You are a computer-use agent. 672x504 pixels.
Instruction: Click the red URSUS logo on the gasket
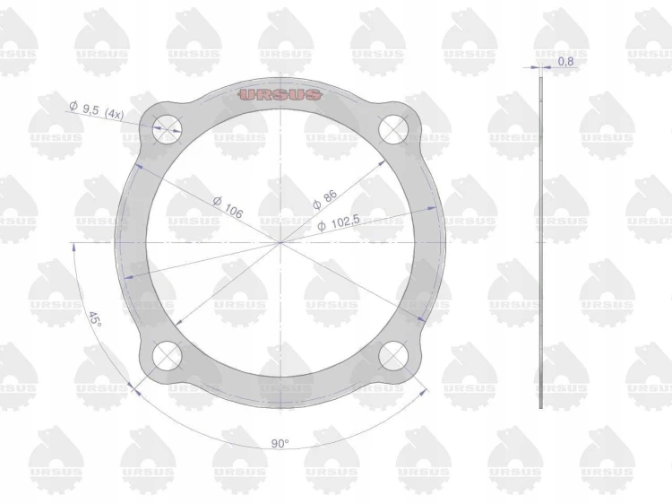tap(280, 95)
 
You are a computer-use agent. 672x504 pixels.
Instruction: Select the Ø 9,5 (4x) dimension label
tap(97, 110)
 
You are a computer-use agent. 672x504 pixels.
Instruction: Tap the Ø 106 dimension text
tap(228, 207)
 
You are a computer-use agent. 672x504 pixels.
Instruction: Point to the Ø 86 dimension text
tap(325, 199)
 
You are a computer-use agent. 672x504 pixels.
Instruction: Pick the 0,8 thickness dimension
tap(565, 61)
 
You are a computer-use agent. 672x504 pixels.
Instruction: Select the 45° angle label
tap(95, 319)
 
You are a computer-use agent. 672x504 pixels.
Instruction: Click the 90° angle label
tap(280, 444)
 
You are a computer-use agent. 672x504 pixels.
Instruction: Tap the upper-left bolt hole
tap(168, 128)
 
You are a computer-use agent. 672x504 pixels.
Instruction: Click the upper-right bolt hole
tap(393, 128)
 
